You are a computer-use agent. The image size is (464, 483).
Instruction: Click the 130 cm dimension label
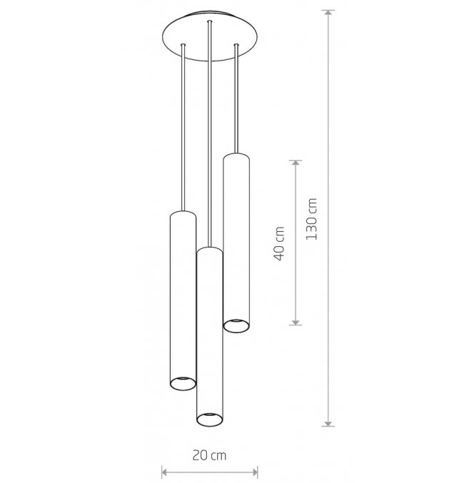pyautogui.click(x=311, y=219)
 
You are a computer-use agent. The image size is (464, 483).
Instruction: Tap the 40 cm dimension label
pyautogui.click(x=279, y=244)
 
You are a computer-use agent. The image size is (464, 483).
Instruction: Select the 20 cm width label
pyautogui.click(x=209, y=455)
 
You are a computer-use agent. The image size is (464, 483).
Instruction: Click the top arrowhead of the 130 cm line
pyautogui.click(x=328, y=13)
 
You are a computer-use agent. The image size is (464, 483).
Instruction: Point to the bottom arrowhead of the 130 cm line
pyautogui.click(x=328, y=423)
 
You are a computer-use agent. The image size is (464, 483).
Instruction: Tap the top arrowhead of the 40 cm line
pyautogui.click(x=296, y=163)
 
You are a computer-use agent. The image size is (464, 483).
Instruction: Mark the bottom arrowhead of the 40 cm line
pyautogui.click(x=296, y=322)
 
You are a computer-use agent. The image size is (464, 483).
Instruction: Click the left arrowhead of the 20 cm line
pyautogui.click(x=165, y=472)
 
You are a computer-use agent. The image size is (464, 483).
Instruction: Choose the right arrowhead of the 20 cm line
pyautogui.click(x=255, y=472)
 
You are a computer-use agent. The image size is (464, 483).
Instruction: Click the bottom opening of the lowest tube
pyautogui.click(x=210, y=420)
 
